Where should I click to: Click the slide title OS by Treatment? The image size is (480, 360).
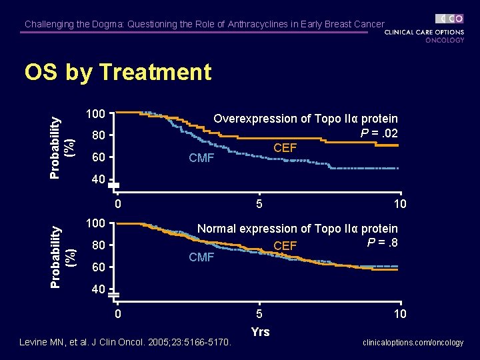pos(117,72)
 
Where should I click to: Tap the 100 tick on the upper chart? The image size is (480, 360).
pos(99,114)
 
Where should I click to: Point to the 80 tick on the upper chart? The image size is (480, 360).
pos(99,136)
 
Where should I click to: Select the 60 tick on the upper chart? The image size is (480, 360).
pos(99,158)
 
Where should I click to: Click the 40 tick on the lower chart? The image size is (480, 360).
pos(99,289)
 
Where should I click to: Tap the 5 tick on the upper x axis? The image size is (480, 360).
pos(259,203)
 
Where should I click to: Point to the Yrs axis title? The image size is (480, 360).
pos(260,331)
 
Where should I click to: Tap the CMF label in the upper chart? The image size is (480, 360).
pos(201,158)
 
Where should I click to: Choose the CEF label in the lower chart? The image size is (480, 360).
pos(285,246)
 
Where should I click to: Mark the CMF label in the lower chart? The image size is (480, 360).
pos(201,257)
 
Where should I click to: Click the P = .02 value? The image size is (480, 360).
pos(379,133)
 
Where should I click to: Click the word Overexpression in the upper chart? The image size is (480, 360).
pos(255,119)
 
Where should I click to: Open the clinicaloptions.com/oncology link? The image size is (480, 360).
pos(413,343)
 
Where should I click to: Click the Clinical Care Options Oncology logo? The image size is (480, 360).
pos(425,29)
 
